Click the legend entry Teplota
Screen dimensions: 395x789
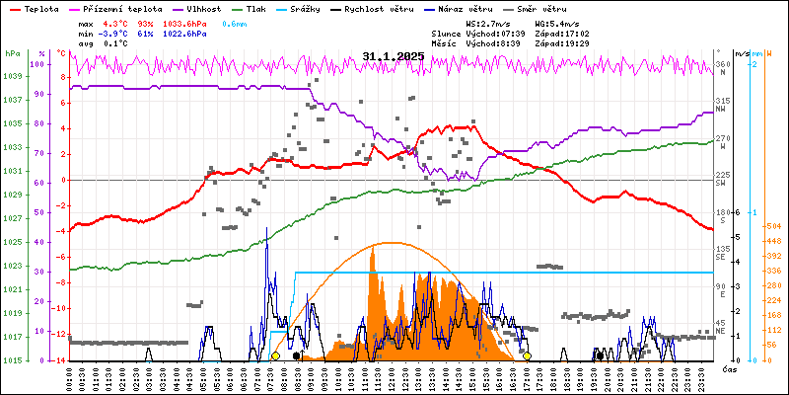[40, 8]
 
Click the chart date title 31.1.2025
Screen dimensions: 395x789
[393, 56]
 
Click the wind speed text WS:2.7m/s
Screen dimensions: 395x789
[488, 22]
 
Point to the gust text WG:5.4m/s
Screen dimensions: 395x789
[557, 22]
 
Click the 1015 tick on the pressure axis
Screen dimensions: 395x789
[13, 360]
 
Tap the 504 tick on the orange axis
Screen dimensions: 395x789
[773, 225]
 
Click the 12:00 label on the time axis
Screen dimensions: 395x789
[394, 376]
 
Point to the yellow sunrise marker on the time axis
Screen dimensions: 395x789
[276, 355]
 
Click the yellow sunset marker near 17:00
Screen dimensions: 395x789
[528, 355]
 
